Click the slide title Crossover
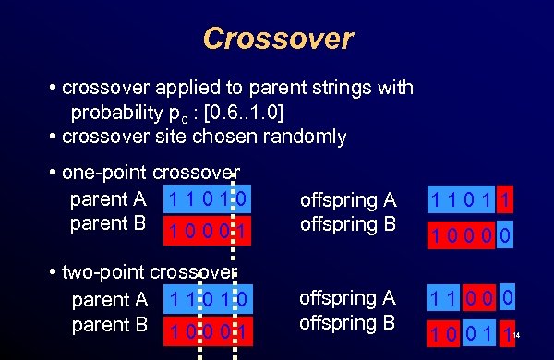277,39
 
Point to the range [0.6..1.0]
236,114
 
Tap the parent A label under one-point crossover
110,198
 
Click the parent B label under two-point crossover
110,324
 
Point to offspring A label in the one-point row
348,200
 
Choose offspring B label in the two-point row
348,324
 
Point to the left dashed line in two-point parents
198,314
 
